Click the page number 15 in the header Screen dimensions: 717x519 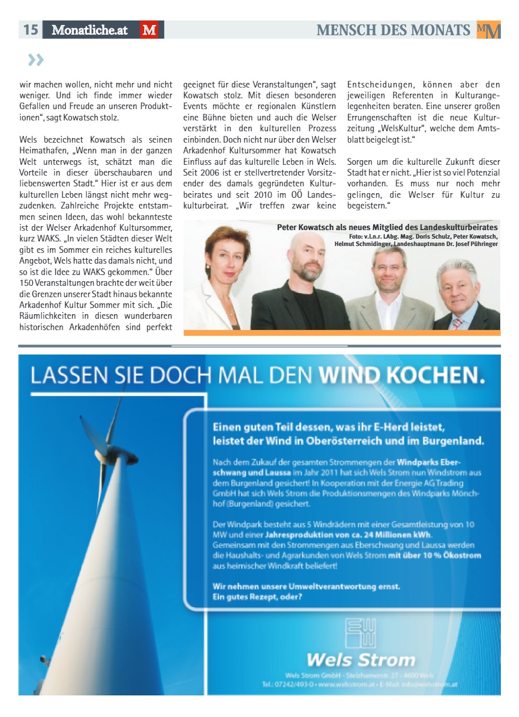coord(31,30)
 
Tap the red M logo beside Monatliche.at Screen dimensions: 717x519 coord(149,30)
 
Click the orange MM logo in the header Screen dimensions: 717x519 coord(488,30)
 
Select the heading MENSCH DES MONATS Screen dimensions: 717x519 coord(394,30)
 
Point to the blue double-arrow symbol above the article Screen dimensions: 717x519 coord(35,60)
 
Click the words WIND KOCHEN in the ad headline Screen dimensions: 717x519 coord(401,376)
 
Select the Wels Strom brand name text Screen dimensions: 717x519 coord(361,660)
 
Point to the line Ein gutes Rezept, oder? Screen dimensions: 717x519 coord(257,597)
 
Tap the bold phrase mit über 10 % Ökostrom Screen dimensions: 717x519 coord(434,555)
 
